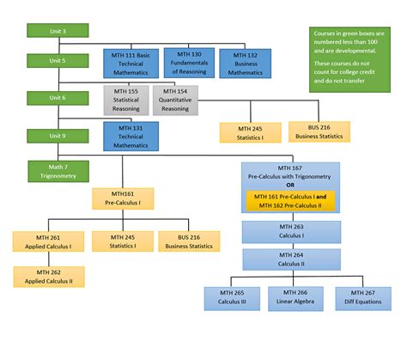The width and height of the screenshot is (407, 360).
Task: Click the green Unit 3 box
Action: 52,31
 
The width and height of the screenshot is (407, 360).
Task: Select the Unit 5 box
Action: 52,62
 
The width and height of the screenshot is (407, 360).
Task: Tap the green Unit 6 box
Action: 52,98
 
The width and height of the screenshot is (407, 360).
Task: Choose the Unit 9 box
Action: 52,135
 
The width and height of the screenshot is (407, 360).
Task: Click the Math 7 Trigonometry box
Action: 52,171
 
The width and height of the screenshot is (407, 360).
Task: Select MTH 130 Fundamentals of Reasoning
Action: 188,62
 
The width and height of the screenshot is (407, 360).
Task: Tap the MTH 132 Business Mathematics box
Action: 245,63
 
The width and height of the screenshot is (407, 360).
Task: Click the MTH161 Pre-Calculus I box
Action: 122,199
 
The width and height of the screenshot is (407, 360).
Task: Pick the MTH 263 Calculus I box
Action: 291,232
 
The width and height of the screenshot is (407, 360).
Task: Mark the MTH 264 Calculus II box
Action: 291,259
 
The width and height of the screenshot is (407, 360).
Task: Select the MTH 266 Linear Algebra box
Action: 291,297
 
